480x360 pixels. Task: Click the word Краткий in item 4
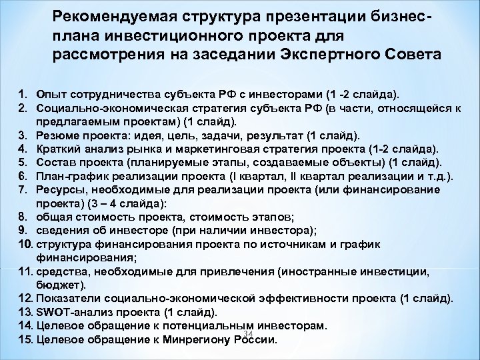click(60, 149)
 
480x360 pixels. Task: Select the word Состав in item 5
click(57, 161)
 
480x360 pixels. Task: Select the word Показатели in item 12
click(68, 298)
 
